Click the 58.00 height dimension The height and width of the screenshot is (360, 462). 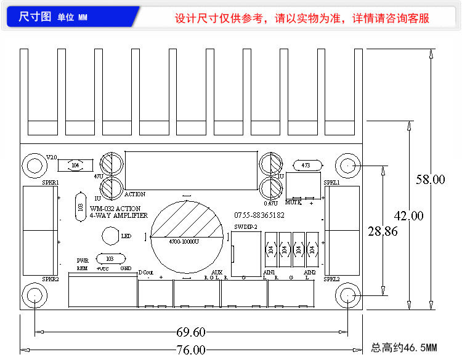430,180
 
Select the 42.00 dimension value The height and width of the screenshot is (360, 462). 408,216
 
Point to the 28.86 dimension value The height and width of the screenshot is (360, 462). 383,231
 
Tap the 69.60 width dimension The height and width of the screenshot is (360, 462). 190,332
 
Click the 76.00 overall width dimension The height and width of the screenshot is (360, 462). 190,350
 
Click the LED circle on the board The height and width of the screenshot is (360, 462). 110,236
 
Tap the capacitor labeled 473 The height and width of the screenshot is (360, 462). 306,165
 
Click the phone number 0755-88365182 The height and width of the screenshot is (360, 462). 259,215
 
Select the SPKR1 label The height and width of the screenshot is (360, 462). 51,183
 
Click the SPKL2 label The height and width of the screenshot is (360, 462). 332,279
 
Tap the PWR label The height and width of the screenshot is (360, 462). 83,260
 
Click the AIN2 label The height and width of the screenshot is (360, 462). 309,271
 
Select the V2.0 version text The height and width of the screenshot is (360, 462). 52,158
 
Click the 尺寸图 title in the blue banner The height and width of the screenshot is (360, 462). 34,17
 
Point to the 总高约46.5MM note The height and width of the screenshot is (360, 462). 403,348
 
